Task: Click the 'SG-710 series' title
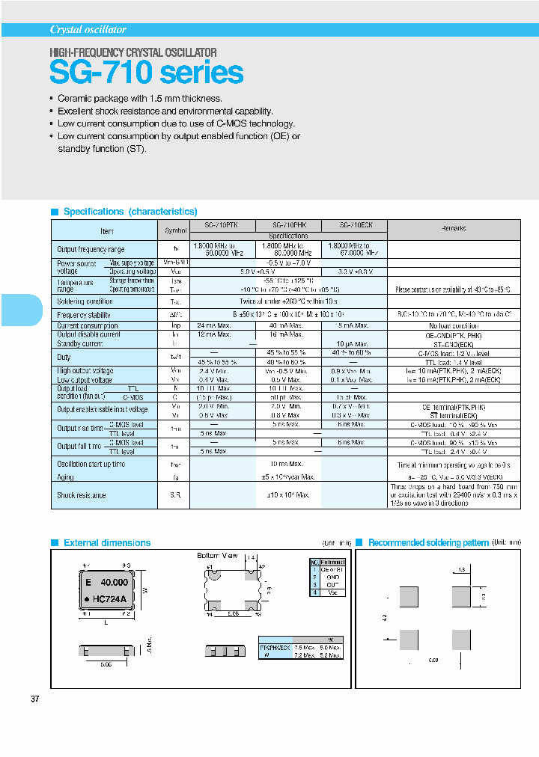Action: [x=147, y=73]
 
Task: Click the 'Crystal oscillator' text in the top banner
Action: [x=88, y=30]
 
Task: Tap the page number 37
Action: [x=35, y=699]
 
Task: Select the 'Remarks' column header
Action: [x=454, y=229]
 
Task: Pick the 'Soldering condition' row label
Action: [x=85, y=301]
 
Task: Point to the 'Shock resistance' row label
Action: [x=82, y=495]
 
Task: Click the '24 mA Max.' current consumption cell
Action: [x=214, y=326]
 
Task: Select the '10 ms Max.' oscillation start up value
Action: [x=288, y=465]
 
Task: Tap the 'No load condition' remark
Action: [x=454, y=326]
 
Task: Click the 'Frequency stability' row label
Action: [x=84, y=315]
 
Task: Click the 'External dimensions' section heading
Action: [x=107, y=543]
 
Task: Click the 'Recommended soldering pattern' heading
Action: [x=428, y=543]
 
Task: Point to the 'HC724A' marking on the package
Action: [x=109, y=599]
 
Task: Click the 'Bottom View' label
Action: [x=217, y=556]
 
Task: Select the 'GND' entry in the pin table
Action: [x=332, y=577]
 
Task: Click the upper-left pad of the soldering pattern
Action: [x=408, y=597]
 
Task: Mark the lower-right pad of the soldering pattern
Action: [x=460, y=640]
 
